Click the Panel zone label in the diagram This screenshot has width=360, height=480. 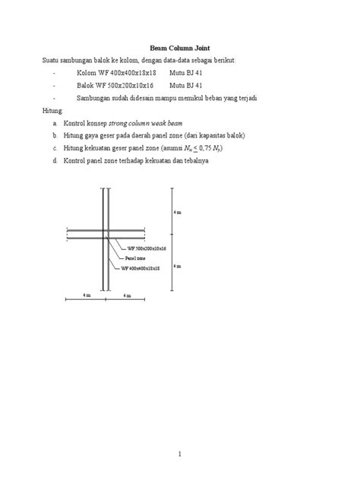tap(135, 258)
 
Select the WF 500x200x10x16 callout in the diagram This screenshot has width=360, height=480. tap(146, 248)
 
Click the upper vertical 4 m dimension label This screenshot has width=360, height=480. tap(177, 212)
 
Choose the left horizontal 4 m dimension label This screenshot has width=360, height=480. tap(87, 293)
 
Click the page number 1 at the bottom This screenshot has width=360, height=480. tap(180, 453)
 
